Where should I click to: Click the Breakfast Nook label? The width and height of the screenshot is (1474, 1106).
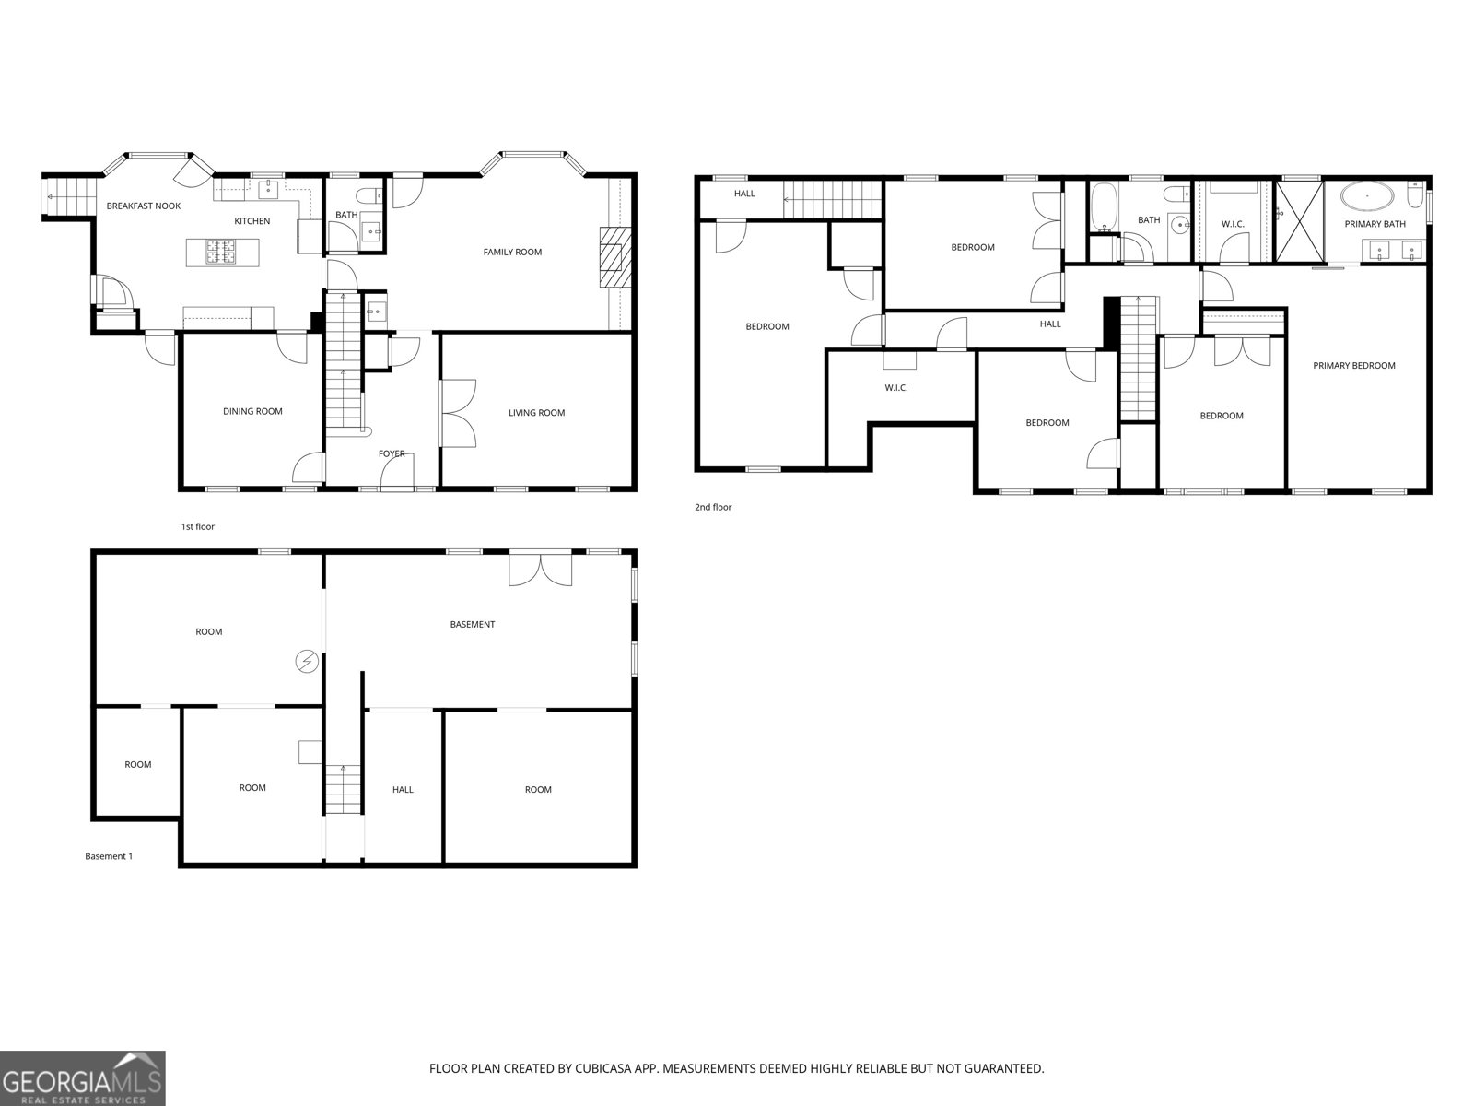tap(143, 206)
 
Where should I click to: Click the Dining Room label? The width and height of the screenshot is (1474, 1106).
tap(252, 411)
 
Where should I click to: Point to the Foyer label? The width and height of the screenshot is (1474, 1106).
tap(392, 453)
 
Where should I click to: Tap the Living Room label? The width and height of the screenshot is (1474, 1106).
tap(536, 413)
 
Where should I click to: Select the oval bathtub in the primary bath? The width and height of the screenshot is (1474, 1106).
tap(1367, 196)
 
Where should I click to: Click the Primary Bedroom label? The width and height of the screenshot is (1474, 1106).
tap(1353, 366)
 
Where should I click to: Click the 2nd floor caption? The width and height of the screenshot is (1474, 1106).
tap(713, 507)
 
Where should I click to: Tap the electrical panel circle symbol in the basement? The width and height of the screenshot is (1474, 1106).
tap(308, 660)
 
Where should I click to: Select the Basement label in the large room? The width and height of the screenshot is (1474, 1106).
tap(472, 625)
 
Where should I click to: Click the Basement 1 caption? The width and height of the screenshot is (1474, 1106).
tap(109, 856)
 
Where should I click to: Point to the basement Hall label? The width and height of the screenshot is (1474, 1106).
tap(403, 790)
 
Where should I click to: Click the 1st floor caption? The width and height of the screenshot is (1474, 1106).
tap(197, 527)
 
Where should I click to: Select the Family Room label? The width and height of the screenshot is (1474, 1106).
tap(512, 252)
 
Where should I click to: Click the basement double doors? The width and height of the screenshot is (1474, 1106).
tap(542, 569)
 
